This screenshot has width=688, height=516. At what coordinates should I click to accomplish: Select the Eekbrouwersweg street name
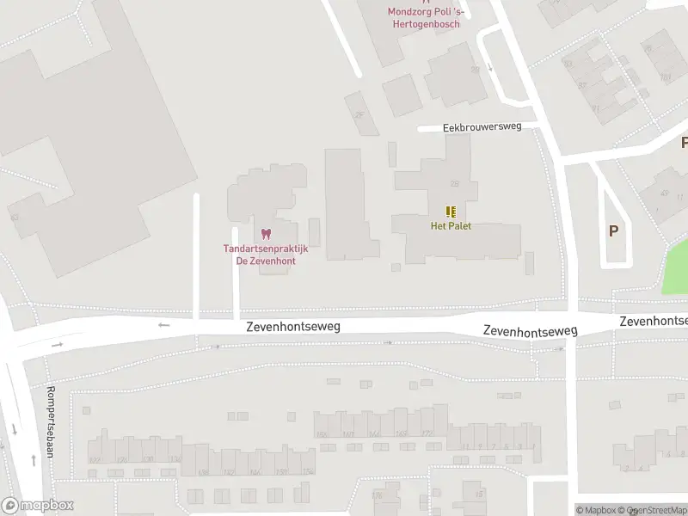tap(482, 126)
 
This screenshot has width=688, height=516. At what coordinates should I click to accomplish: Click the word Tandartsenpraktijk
tap(265, 249)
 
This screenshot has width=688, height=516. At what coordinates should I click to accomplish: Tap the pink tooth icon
tap(265, 234)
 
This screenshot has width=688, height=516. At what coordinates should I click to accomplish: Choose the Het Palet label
tap(451, 226)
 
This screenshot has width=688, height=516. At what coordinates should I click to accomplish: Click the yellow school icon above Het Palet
tap(451, 212)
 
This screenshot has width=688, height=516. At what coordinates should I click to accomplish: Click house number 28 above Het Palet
tap(454, 183)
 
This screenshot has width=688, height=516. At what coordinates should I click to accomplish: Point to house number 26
tap(359, 114)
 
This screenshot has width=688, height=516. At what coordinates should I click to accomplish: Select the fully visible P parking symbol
tap(613, 230)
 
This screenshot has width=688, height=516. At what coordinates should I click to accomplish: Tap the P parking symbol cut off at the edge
tap(684, 143)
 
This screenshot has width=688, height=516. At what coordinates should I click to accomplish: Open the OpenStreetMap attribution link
tap(660, 510)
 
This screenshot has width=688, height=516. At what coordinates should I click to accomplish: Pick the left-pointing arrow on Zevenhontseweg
tap(164, 325)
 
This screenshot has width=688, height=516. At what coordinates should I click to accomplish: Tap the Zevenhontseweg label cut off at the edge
tap(654, 321)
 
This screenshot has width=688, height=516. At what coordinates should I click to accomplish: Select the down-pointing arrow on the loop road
tap(490, 67)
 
